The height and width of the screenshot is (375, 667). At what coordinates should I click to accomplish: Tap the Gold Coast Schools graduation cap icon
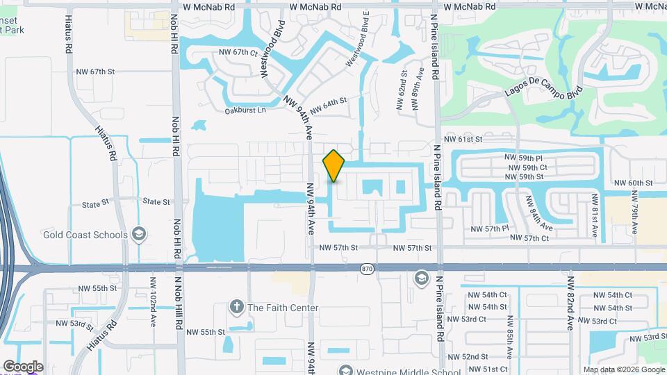click(139, 234)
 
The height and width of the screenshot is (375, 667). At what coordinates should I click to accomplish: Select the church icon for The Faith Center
click(237, 307)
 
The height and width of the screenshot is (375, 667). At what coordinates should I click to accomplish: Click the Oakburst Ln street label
click(245, 110)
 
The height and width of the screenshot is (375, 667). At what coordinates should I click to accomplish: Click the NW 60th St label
click(634, 183)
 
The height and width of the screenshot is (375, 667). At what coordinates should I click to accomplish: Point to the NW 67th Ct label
click(238, 52)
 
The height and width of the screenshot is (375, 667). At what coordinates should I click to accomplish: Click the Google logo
click(23, 367)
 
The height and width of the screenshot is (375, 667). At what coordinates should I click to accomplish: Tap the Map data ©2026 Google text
click(624, 369)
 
